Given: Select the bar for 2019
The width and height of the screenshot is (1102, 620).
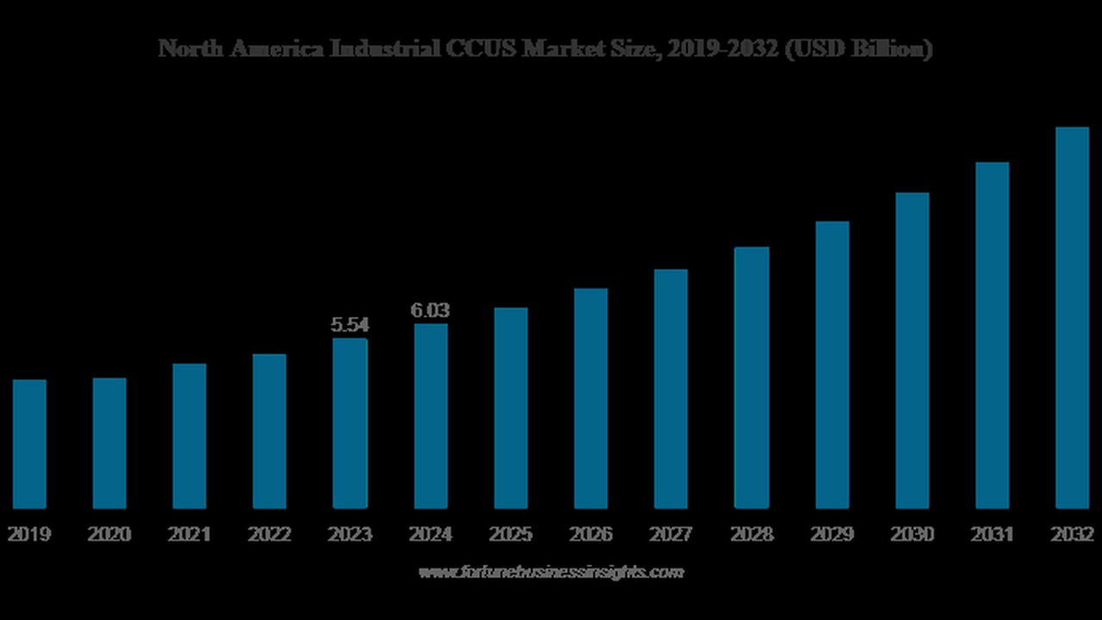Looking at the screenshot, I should [x=29, y=443].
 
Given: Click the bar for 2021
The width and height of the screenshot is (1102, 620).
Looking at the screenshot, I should [x=189, y=436].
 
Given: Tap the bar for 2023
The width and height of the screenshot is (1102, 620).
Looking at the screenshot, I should [x=350, y=423].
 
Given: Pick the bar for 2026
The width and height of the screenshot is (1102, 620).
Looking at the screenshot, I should [x=591, y=398].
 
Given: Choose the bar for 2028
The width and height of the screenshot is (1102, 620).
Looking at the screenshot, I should [x=751, y=377].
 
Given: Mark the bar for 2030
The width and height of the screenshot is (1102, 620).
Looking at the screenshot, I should [x=912, y=350].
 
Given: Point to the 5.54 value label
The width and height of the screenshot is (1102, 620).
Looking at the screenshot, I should [x=350, y=325].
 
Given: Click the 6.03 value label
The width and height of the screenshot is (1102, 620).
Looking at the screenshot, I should [x=430, y=311].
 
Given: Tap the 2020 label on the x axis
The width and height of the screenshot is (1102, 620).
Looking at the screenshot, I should [x=109, y=535].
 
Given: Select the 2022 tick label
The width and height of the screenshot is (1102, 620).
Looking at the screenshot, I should [x=269, y=535].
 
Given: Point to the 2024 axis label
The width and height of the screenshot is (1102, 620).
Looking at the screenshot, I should [x=430, y=535].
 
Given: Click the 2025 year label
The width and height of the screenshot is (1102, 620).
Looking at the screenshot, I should [x=511, y=535].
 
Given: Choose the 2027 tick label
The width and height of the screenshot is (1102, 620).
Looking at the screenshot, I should [x=671, y=535].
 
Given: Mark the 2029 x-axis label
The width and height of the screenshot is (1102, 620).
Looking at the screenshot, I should [x=832, y=535].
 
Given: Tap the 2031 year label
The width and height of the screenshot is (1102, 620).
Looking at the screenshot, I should [x=992, y=535].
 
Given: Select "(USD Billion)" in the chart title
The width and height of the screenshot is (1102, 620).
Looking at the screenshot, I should [x=858, y=49].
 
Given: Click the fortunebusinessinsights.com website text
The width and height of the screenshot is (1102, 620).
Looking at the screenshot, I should [x=551, y=572].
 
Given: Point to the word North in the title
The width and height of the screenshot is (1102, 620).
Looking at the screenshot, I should [x=183, y=49].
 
